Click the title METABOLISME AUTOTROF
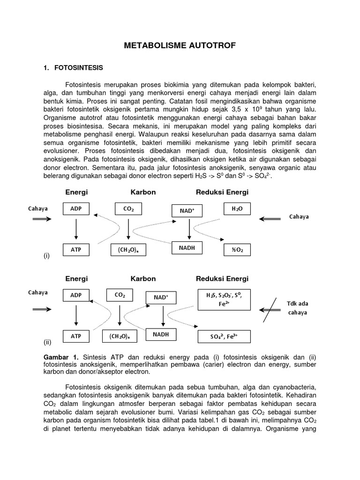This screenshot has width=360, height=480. [180, 45]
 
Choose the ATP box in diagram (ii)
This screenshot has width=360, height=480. [76, 337]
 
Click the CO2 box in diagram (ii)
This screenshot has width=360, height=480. [120, 295]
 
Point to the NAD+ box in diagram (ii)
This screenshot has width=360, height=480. [160, 297]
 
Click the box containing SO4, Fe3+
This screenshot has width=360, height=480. [224, 337]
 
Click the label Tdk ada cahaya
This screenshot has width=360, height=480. [298, 307]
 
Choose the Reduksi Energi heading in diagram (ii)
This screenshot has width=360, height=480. [222, 279]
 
